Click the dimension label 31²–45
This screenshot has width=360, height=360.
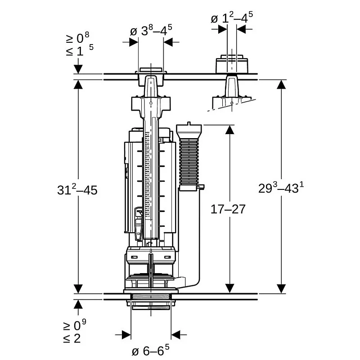(x=77, y=190)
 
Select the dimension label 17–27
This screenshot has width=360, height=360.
(x=228, y=209)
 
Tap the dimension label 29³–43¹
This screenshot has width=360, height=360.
(x=281, y=188)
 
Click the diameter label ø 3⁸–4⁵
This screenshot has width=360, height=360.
(x=151, y=31)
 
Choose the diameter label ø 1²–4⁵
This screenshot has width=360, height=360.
(x=232, y=18)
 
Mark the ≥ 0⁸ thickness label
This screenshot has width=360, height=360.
(x=77, y=38)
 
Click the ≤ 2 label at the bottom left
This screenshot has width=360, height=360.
(x=72, y=338)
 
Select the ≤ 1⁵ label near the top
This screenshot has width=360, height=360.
(x=80, y=50)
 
